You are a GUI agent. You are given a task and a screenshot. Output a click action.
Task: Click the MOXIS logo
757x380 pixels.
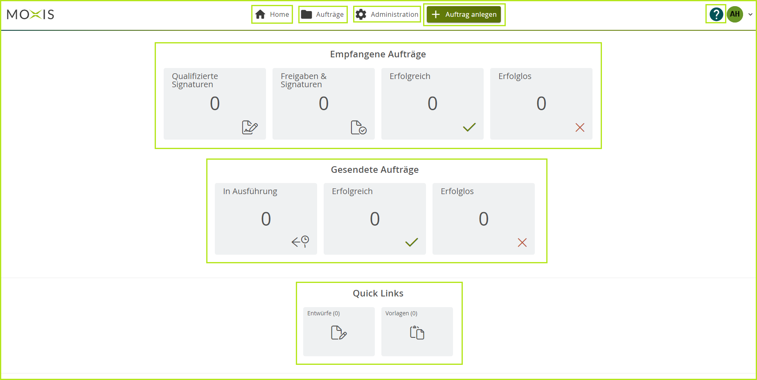(30, 15)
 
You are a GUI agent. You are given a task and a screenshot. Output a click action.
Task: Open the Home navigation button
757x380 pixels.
(272, 15)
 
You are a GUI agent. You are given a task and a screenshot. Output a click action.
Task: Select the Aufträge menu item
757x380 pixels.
(323, 15)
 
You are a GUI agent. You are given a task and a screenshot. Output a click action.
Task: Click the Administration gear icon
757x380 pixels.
(361, 15)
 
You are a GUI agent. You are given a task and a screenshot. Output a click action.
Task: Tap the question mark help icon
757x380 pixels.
(716, 14)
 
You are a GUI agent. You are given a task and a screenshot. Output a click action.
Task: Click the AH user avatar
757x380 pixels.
(735, 14)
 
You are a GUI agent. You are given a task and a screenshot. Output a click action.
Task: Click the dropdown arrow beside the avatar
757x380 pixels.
(750, 15)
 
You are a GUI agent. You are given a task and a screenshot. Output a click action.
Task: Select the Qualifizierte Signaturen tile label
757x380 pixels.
(195, 80)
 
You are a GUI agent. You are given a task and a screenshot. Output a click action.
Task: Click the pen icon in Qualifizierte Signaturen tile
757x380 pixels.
(250, 127)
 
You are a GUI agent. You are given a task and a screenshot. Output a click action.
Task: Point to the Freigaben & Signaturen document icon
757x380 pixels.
(358, 127)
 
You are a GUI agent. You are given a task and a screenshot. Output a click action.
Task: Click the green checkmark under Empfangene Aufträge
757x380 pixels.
(469, 127)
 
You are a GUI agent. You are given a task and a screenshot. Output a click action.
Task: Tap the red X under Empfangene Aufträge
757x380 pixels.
(580, 128)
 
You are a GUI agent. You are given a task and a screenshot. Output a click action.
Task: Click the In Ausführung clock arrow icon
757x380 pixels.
(300, 242)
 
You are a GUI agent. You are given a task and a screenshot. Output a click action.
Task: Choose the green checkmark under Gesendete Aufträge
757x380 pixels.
(412, 242)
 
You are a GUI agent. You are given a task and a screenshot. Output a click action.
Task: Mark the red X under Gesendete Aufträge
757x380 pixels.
(522, 243)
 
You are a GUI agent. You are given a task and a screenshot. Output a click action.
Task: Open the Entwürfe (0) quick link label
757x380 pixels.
(324, 313)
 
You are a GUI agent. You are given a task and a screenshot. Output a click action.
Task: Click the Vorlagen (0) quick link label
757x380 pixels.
(401, 313)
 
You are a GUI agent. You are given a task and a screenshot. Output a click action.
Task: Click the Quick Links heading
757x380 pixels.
(378, 293)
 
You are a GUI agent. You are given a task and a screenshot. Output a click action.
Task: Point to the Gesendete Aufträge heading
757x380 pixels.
(375, 170)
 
